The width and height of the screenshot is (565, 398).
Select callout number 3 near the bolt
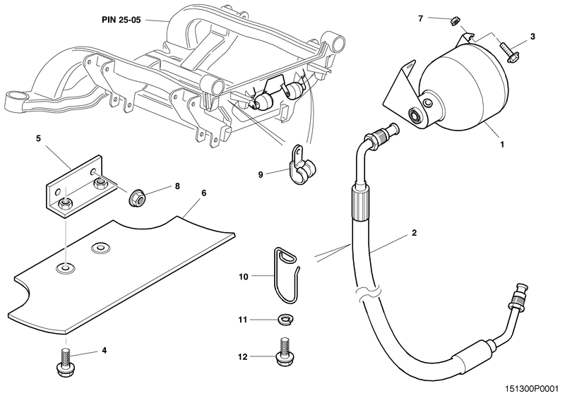pos(533,36)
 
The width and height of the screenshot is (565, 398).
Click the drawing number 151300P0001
pos(525,387)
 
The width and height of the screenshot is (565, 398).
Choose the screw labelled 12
pos(284,351)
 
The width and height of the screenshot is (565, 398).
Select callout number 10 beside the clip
pos(244,277)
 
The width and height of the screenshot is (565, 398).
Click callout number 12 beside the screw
pos(244,357)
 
